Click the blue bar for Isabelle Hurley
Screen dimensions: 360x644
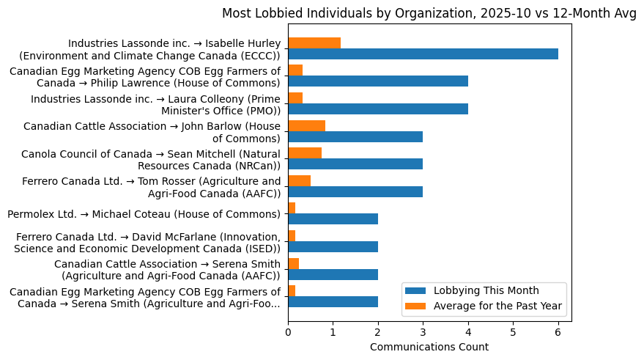point(423,54)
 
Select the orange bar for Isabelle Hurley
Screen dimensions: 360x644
point(314,43)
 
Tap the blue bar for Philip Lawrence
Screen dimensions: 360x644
point(378,81)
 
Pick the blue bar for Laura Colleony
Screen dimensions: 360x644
point(378,109)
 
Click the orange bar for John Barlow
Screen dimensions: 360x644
point(306,125)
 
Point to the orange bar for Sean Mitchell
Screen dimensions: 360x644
point(305,153)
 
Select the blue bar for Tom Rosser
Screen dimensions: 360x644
point(355,192)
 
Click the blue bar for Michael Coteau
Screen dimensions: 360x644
point(333,219)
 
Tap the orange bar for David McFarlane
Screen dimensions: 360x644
point(292,236)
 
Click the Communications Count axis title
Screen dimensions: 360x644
point(429,347)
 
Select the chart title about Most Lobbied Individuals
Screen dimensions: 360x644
point(429,13)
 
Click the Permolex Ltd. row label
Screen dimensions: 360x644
point(144,214)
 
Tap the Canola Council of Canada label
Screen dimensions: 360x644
point(151,159)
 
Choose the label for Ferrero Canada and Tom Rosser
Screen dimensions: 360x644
point(151,187)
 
